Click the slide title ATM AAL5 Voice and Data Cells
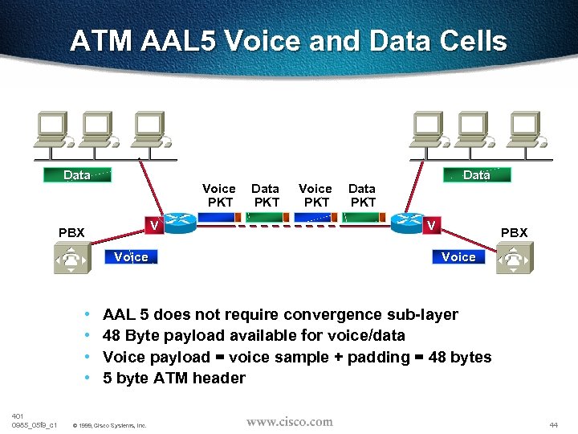point(288,41)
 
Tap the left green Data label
point(76,175)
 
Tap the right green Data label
point(477,175)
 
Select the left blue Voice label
point(132,257)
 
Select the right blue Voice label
point(458,257)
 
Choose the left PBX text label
point(71,233)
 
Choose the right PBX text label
point(514,233)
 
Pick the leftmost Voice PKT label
point(218,195)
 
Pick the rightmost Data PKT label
point(362,195)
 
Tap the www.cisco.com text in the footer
point(289,421)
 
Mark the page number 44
point(553,424)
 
